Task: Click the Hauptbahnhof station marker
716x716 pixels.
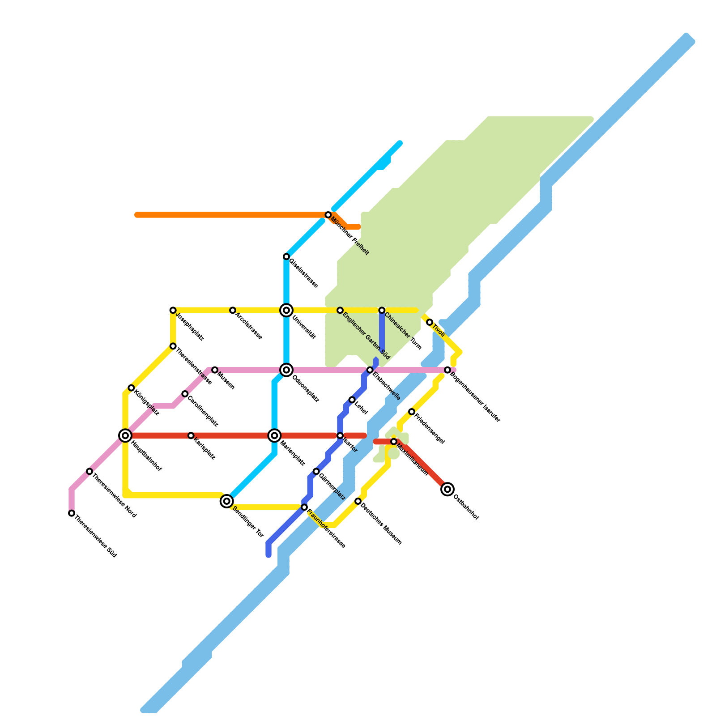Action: pyautogui.click(x=125, y=435)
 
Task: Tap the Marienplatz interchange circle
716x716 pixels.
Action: pyautogui.click(x=275, y=435)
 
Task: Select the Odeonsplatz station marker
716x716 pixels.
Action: pyautogui.click(x=286, y=370)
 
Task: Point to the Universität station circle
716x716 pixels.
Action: pyautogui.click(x=286, y=310)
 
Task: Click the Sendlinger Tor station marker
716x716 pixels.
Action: pyautogui.click(x=227, y=501)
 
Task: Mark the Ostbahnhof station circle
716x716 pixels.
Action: pyautogui.click(x=447, y=489)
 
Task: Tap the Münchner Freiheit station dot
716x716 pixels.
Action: pyautogui.click(x=328, y=215)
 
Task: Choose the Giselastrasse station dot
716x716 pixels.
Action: pyautogui.click(x=286, y=256)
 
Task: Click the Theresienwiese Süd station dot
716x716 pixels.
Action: pyautogui.click(x=72, y=513)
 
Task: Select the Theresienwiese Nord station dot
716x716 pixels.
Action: pyautogui.click(x=89, y=471)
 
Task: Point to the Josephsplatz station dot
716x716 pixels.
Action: pyautogui.click(x=173, y=310)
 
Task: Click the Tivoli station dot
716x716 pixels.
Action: pyautogui.click(x=430, y=322)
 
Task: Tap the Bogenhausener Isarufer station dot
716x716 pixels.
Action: pyautogui.click(x=447, y=370)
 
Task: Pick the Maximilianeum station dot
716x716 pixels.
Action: pyautogui.click(x=394, y=442)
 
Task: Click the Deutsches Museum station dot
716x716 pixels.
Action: pyautogui.click(x=358, y=501)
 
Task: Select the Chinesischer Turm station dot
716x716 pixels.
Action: pyautogui.click(x=382, y=310)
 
